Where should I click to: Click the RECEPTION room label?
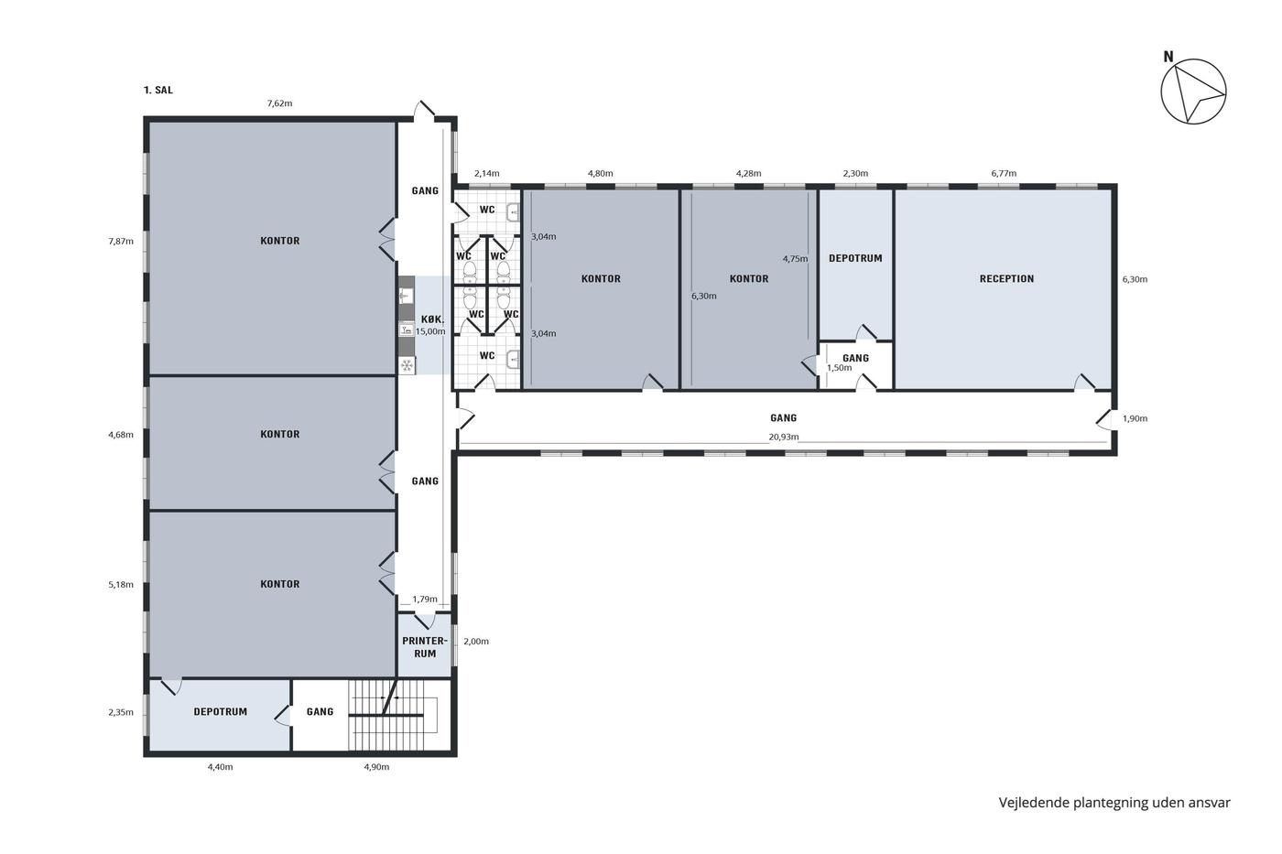click(x=1006, y=279)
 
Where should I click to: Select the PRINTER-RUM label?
click(x=425, y=647)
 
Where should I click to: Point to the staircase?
click(x=395, y=715)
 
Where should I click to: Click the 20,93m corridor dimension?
click(x=784, y=437)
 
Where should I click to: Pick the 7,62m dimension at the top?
click(x=280, y=103)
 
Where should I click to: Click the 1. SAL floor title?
click(x=158, y=91)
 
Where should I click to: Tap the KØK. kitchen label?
click(x=432, y=319)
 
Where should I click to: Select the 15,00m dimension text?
click(x=430, y=331)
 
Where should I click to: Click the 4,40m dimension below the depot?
click(x=221, y=767)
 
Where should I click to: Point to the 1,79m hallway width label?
click(x=425, y=600)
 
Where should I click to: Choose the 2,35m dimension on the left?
click(x=121, y=713)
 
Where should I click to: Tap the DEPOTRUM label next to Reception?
click(x=855, y=258)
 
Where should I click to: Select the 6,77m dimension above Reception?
click(x=1004, y=173)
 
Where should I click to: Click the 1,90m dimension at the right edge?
click(x=1135, y=418)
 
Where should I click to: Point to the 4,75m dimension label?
click(x=796, y=259)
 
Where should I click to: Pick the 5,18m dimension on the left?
click(x=121, y=585)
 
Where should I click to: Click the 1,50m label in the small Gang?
click(x=839, y=368)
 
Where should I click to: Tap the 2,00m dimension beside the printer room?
click(x=476, y=642)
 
